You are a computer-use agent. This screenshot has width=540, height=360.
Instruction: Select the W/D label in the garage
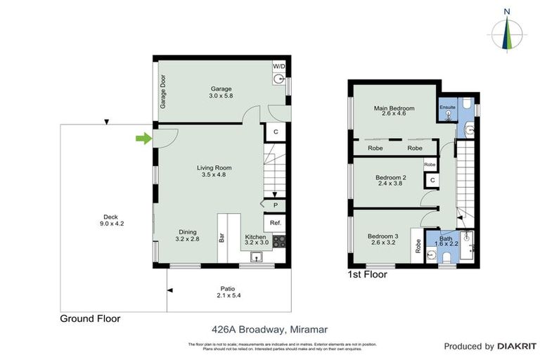[x=279, y=65]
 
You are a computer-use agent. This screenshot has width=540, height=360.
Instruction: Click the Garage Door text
[x=162, y=91]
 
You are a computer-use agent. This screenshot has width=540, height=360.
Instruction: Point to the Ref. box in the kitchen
[x=276, y=223]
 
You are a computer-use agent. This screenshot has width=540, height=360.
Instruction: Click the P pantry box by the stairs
[x=276, y=205]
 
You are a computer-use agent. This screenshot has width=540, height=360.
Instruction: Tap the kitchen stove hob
[x=279, y=241]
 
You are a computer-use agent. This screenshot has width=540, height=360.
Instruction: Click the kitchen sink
[x=258, y=257]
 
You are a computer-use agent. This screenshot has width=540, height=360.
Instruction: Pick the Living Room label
[x=214, y=167]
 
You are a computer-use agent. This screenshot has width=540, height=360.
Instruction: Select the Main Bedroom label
[x=394, y=108]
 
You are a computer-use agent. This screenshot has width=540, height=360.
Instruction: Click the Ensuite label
[x=448, y=108]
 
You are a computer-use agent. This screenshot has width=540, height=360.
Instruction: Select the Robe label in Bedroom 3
[x=418, y=246]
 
